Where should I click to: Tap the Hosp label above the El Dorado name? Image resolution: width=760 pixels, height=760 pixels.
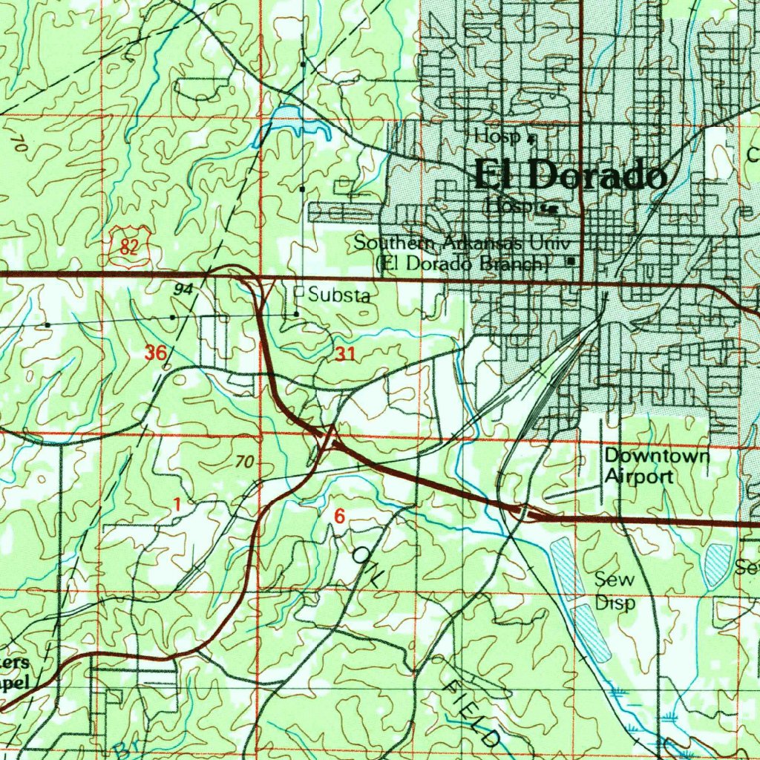tap(497, 136)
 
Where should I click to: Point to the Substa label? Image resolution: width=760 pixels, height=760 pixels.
tap(339, 295)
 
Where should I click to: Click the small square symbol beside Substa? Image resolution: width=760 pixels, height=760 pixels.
tap(299, 292)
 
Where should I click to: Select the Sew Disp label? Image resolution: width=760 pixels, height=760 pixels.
tap(615, 592)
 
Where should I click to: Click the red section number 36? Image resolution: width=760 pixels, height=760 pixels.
tap(156, 353)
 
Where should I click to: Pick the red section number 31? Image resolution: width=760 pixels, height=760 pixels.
tap(344, 355)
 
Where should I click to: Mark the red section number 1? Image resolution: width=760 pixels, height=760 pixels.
tap(177, 505)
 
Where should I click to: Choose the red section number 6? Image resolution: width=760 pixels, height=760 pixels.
tap(339, 517)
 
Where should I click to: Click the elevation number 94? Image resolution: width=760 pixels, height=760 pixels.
tap(183, 289)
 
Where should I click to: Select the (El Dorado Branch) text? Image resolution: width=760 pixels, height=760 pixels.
tap(463, 263)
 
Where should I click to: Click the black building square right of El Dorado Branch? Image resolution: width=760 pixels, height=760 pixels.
tap(571, 261)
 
